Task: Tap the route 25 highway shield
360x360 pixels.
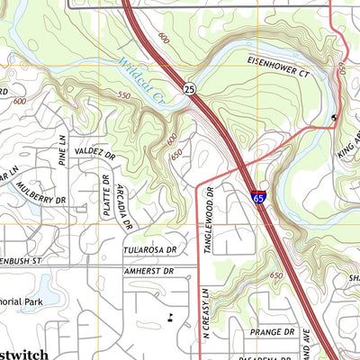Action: pos(188,89)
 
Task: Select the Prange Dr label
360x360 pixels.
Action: pos(273,331)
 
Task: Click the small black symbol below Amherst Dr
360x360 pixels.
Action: pos(171,316)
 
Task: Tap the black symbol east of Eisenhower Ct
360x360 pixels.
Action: pos(335,117)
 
